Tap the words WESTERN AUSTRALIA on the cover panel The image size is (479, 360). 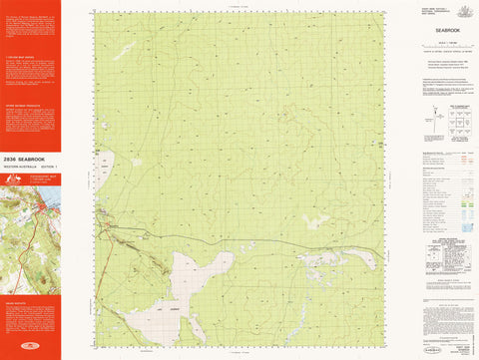pyautogui.click(x=22, y=166)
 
